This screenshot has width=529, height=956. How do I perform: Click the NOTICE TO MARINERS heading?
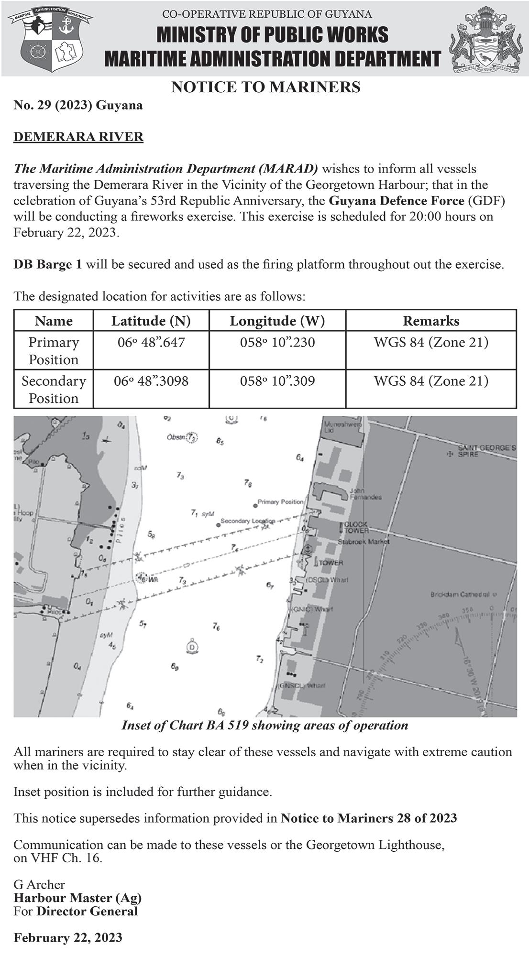click(x=265, y=87)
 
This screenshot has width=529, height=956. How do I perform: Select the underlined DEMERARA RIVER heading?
click(x=78, y=137)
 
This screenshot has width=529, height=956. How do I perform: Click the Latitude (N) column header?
click(x=151, y=321)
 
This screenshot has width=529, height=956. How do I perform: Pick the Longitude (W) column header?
click(x=277, y=321)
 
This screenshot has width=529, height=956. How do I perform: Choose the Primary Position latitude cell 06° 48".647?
click(x=151, y=343)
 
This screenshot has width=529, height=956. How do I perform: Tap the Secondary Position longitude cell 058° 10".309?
click(x=277, y=381)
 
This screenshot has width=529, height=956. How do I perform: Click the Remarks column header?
click(x=430, y=321)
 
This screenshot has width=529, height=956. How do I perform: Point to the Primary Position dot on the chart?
click(x=255, y=505)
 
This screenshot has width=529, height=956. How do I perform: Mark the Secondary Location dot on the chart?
click(x=218, y=524)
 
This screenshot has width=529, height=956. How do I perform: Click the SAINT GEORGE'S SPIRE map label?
click(x=486, y=451)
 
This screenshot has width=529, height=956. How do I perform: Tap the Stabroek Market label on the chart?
click(x=364, y=542)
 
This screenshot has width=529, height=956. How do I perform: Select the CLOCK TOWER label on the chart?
click(x=356, y=528)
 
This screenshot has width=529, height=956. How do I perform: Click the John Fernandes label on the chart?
click(x=365, y=494)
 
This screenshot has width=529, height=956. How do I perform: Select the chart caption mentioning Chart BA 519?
click(x=264, y=726)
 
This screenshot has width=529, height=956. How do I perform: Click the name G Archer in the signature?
click(x=39, y=884)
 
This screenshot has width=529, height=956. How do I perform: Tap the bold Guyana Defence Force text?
click(x=397, y=201)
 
